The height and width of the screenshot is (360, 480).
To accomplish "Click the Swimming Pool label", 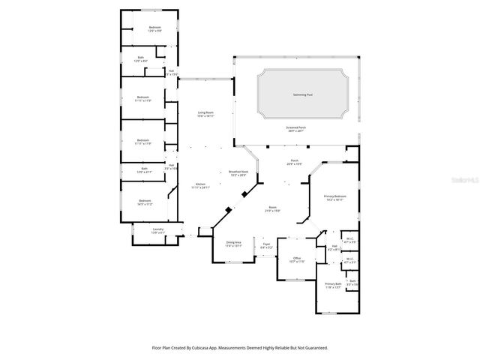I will click(303, 95).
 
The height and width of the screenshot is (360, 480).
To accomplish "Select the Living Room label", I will click(205, 114).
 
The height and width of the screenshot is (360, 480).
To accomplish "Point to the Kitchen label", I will click(201, 185).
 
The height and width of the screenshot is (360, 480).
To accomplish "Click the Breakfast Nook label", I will click(238, 173).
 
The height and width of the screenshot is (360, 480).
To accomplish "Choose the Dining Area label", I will click(234, 244).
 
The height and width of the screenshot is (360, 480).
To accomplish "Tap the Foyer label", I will click(266, 245).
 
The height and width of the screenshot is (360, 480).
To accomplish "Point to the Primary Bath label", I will click(333, 286).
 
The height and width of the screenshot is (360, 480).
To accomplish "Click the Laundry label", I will click(157, 230).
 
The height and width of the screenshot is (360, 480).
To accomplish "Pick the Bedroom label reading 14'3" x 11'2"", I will click(145, 202).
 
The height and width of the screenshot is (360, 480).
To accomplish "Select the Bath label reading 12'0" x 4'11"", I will click(145, 171).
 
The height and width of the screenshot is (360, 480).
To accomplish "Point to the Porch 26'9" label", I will click(295, 163).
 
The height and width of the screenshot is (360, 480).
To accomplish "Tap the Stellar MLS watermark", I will click(463, 180).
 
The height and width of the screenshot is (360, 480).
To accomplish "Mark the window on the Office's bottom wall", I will click(297, 280).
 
